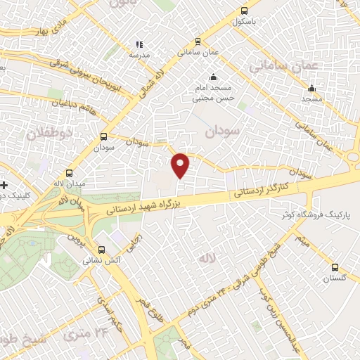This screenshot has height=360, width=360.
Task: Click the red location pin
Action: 181,165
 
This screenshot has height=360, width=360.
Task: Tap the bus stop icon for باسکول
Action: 244,11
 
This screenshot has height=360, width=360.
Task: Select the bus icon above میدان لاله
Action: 69,173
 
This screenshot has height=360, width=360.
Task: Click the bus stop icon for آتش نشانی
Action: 103,249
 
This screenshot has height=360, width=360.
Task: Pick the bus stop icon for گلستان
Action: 335,267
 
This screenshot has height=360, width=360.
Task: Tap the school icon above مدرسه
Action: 139,44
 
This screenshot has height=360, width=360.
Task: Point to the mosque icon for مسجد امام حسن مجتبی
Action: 213,77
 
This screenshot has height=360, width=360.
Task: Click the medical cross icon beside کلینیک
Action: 5,185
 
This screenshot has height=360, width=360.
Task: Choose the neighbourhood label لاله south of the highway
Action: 224,259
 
